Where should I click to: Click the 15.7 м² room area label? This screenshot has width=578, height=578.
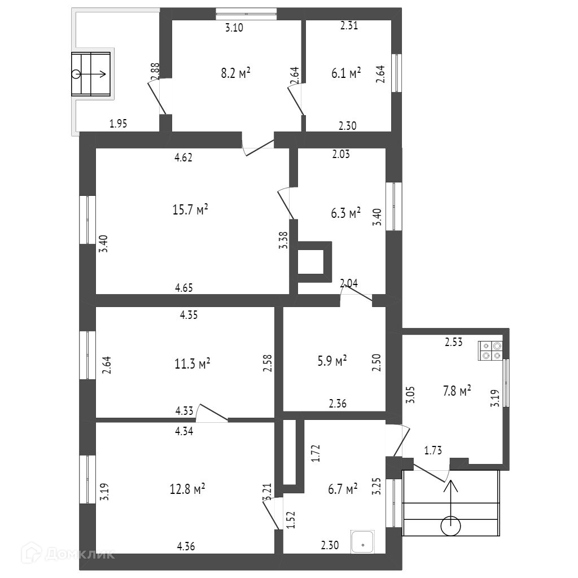(x=190, y=210)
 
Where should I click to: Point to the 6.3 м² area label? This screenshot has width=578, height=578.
(x=346, y=213)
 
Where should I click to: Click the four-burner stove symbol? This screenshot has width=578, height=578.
(x=490, y=351)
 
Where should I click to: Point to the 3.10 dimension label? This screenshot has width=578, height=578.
(x=234, y=28)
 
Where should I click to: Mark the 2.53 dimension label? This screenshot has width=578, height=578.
(x=454, y=341)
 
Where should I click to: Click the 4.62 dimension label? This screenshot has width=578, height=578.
(x=184, y=158)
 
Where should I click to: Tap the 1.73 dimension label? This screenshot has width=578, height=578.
(x=433, y=450)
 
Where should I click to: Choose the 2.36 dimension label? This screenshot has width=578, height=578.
(x=338, y=404)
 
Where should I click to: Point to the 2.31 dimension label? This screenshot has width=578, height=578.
(x=349, y=25)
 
